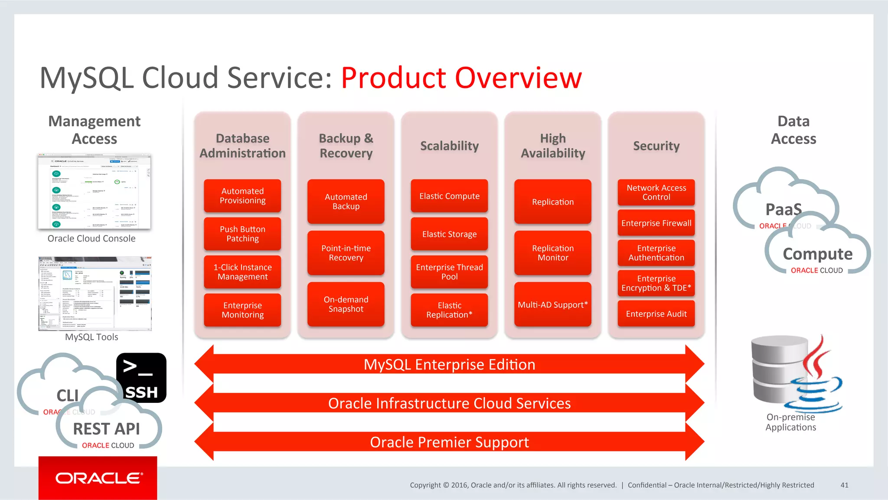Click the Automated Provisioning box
(x=242, y=196)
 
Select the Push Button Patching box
(x=242, y=234)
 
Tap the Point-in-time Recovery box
(x=346, y=253)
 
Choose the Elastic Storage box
(x=449, y=234)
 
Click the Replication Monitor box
(x=552, y=253)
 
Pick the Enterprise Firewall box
(x=656, y=223)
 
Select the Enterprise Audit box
(x=656, y=314)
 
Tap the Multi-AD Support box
(x=552, y=304)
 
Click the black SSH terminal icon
(x=141, y=378)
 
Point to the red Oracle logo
(x=98, y=478)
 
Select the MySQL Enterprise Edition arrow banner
(x=449, y=364)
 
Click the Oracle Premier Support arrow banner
(x=449, y=442)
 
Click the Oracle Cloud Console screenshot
(x=94, y=191)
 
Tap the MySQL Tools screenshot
(x=95, y=294)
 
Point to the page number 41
(x=844, y=485)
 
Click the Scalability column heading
(x=449, y=146)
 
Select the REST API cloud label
(x=107, y=429)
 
